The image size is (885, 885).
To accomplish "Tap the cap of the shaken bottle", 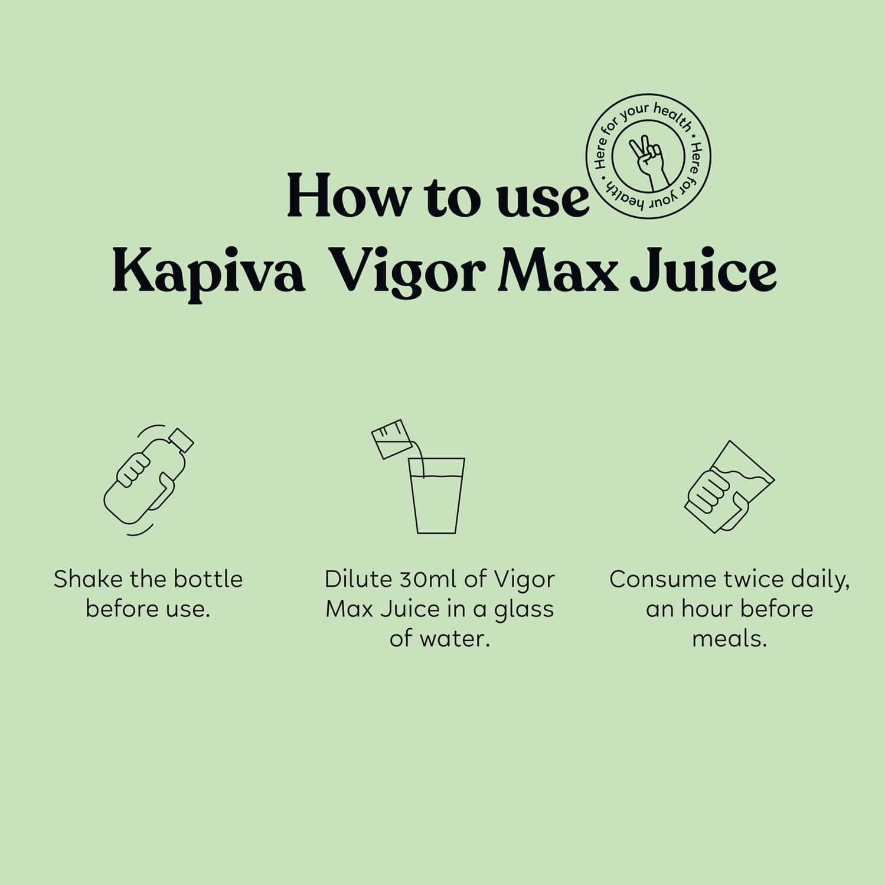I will pos(181,440).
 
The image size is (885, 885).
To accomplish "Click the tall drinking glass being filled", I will pos(437,496).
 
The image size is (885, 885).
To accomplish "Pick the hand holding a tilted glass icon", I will pos(729,487).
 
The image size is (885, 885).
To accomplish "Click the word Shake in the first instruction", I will pos(89,579).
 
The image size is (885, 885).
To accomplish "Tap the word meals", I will pos(729,639).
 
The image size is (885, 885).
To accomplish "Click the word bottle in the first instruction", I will pos(208,579).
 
